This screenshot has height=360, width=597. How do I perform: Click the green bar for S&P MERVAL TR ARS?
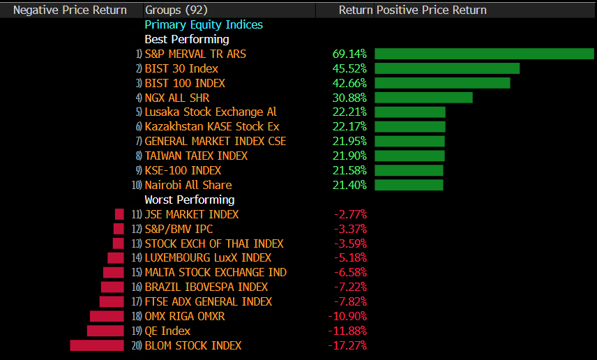tap(484, 54)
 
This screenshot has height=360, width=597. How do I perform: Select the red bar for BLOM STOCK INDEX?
tap(97, 345)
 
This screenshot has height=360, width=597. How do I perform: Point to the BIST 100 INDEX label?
tap(185, 83)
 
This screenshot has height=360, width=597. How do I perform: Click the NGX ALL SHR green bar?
tap(423, 98)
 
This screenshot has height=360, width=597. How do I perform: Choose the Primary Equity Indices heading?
tap(204, 24)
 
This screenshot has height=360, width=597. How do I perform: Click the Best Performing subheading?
tap(186, 39)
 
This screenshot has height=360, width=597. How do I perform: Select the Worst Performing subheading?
tap(189, 200)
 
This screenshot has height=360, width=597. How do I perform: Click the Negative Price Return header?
tap(70, 10)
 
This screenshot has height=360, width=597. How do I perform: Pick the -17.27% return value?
tap(347, 345)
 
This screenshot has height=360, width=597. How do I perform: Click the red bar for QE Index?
tap(105, 331)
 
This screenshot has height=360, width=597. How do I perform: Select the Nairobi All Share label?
tap(188, 185)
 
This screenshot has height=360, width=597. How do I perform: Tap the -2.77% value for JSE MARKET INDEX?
tap(351, 214)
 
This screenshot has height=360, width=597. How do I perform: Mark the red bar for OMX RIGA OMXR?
tap(107, 316)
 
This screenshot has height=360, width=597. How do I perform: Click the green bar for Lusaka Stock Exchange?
tap(410, 112)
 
